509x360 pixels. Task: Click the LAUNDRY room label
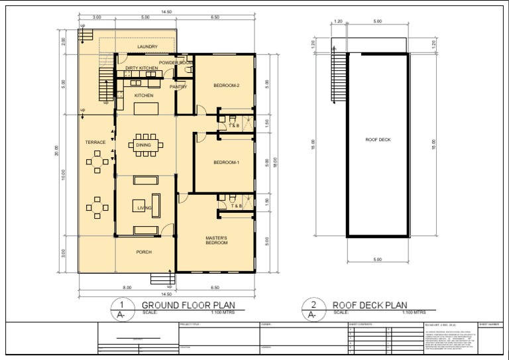tap(147, 47)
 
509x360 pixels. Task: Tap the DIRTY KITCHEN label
tap(142, 68)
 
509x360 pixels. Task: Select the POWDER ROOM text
tap(175, 62)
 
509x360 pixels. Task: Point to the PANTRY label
tap(178, 87)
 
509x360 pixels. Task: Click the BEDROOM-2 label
tap(226, 86)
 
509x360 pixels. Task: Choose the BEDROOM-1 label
tap(226, 162)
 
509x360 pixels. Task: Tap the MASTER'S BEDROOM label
tap(216, 241)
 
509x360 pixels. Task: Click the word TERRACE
tap(95, 143)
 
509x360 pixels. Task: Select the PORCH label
tap(144, 252)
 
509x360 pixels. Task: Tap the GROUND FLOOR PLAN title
tap(188, 305)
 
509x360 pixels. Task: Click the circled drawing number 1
tap(122, 305)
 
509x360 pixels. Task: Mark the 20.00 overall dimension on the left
tap(57, 152)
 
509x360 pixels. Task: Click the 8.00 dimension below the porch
tap(127, 288)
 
